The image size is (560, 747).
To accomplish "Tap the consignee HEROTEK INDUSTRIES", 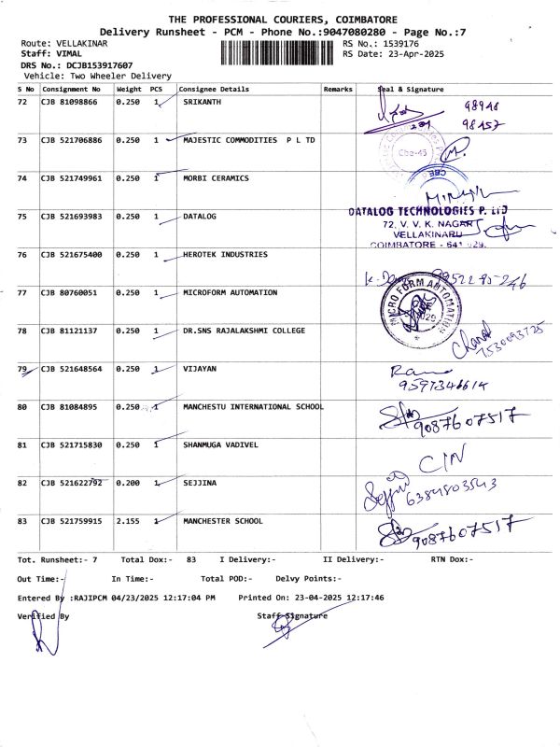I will coord(225,254).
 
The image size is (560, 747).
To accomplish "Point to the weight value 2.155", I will coord(128,521).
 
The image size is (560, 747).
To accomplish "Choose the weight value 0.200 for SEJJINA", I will coord(128,483).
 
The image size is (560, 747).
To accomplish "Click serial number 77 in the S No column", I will coord(22,292).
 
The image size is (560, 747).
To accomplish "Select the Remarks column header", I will coord(338,89).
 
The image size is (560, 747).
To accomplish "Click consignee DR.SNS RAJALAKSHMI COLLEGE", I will coord(244,331).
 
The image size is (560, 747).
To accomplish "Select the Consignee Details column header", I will coord(214,89).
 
